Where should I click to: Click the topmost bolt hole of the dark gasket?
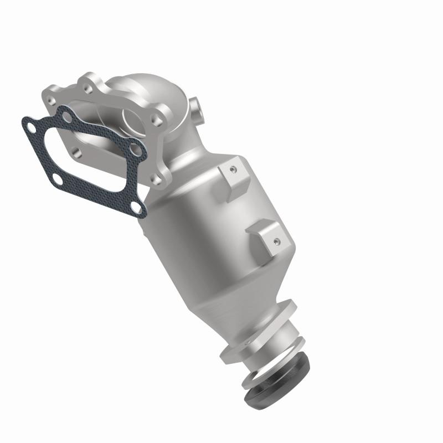pos(66,117)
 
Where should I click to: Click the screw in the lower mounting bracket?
pos(275,240)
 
